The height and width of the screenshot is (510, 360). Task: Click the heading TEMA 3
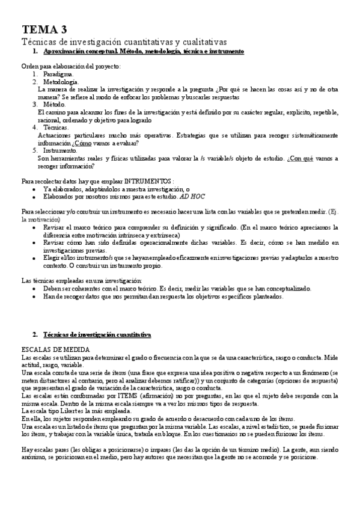44,29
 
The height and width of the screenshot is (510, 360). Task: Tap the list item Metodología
61,81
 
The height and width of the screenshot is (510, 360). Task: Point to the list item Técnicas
56,127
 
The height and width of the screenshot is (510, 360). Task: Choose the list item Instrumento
61,150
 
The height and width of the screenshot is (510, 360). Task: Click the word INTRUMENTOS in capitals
148,180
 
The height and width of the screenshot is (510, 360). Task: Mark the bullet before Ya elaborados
36,188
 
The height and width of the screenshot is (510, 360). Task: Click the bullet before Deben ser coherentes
36,289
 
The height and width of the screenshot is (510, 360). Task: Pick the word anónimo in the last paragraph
31,455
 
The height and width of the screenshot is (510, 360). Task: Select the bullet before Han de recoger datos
36,296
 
